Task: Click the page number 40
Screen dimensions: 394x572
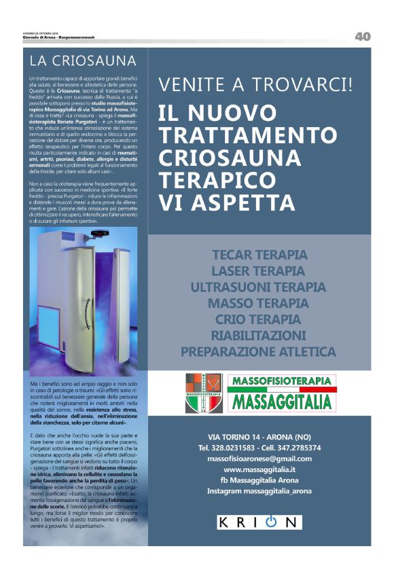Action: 362,37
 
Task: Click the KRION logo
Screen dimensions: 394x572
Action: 259,522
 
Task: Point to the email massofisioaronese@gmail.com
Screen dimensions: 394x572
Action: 259,459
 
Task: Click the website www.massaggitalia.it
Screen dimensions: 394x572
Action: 259,469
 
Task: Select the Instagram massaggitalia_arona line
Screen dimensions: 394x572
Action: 259,490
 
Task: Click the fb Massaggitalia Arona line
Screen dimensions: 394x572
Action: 259,480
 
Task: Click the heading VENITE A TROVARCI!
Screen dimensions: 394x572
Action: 255,85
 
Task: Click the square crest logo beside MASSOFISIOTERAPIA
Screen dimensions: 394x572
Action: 204,393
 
